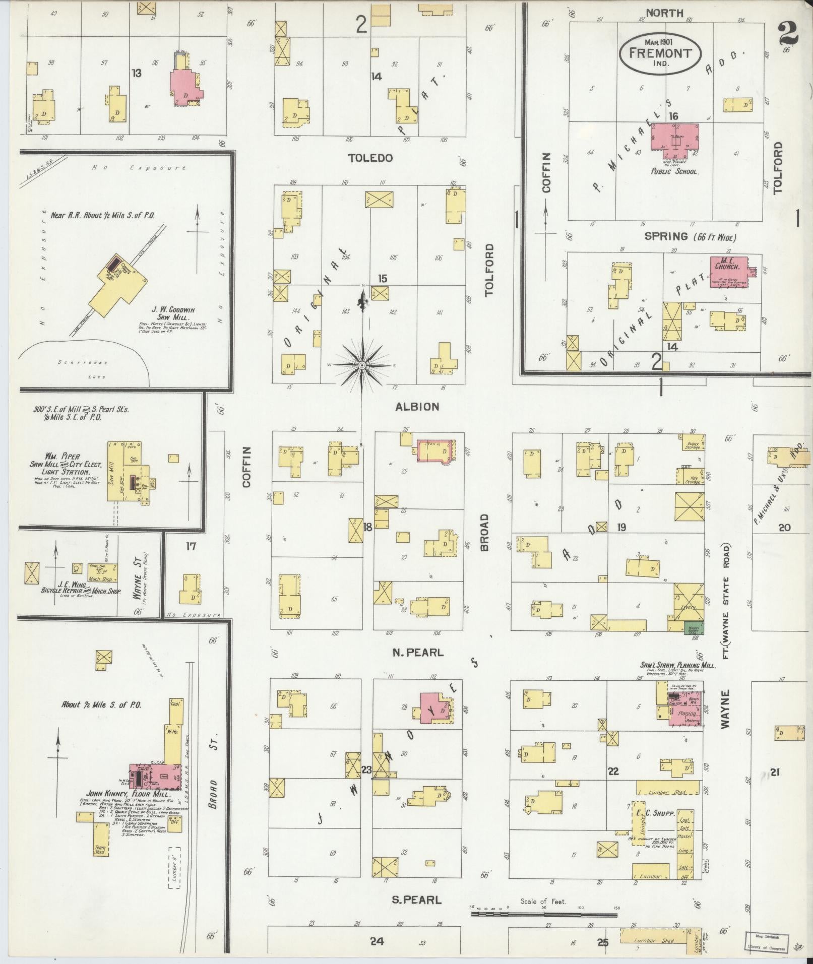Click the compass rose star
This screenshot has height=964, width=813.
click(362, 364)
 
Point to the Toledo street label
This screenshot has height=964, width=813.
click(370, 158)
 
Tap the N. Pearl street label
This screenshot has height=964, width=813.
click(418, 653)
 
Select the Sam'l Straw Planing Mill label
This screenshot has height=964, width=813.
click(678, 665)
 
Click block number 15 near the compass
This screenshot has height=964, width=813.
click(383, 278)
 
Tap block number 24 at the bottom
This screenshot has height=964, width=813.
click(377, 940)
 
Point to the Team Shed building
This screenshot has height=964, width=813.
click(100, 838)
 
